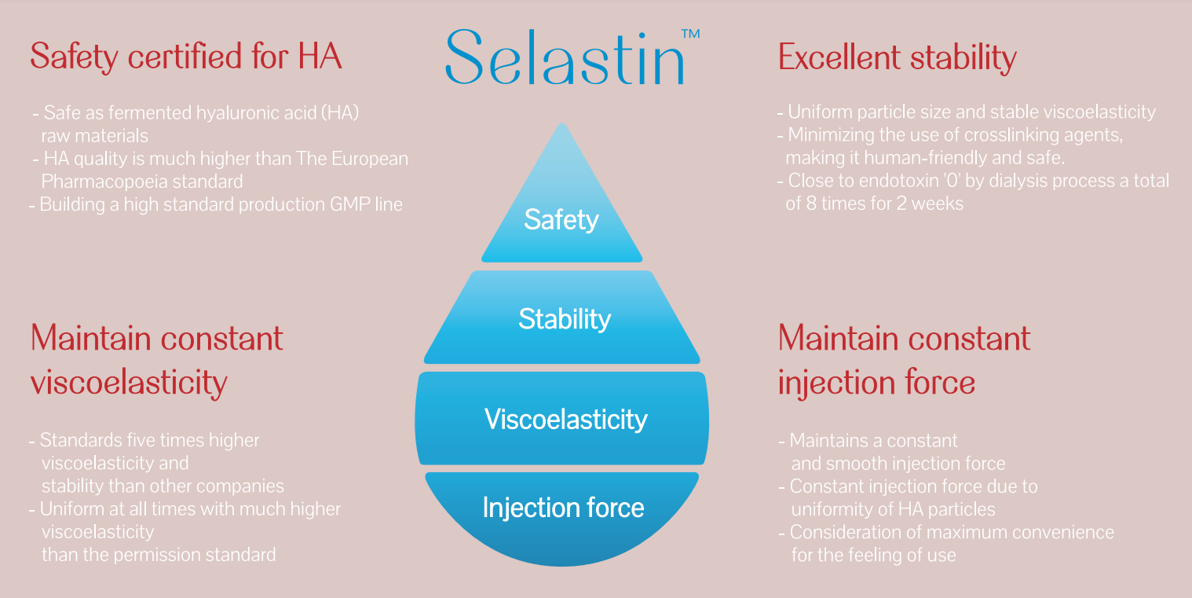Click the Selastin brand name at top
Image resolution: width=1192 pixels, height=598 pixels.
pyautogui.click(x=565, y=57)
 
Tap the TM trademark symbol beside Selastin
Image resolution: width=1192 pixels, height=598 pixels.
pyautogui.click(x=691, y=34)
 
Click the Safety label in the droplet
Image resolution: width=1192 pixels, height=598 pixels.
pyautogui.click(x=561, y=220)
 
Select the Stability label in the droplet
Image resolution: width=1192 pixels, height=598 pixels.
pyautogui.click(x=565, y=320)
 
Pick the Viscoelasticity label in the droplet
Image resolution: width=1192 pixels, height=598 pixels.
pyautogui.click(x=565, y=420)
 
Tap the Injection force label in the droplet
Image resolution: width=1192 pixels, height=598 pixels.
pyautogui.click(x=563, y=508)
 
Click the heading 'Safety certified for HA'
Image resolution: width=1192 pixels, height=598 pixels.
pyautogui.click(x=186, y=57)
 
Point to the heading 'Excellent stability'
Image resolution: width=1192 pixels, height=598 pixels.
pyautogui.click(x=898, y=57)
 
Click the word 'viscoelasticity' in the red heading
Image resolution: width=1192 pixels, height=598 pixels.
pyautogui.click(x=129, y=383)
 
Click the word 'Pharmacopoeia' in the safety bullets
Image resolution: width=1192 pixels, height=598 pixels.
pyautogui.click(x=104, y=182)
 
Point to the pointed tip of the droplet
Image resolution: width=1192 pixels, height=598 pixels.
pyautogui.click(x=562, y=123)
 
